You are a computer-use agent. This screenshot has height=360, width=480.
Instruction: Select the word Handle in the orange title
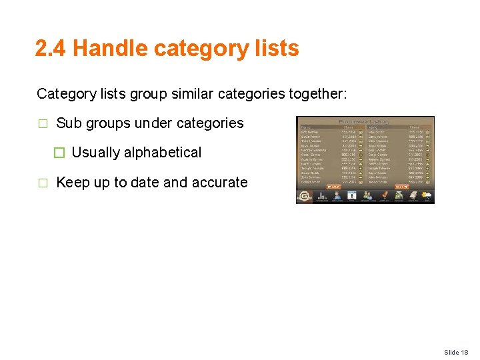tap(110, 49)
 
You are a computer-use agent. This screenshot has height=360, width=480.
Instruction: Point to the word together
tap(317, 94)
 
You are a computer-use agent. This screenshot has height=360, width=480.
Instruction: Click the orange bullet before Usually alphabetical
tap(59, 153)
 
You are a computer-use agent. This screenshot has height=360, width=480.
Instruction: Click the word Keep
tap(71, 183)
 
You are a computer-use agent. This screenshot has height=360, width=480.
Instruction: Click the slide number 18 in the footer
tap(465, 352)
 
